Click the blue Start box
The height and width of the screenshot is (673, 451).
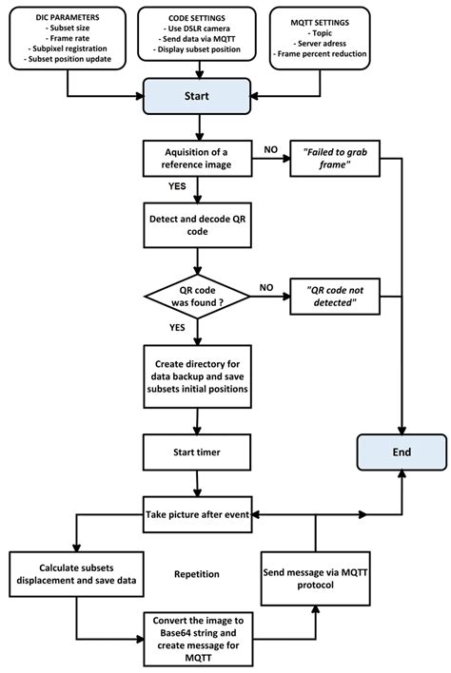pos(196,95)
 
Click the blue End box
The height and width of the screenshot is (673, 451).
pos(402,452)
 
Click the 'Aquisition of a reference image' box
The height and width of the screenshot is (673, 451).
pos(196,159)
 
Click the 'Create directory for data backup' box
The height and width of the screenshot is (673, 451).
pos(196,376)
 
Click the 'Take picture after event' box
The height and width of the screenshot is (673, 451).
pos(196,513)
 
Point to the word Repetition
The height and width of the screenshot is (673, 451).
pos(198,575)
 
